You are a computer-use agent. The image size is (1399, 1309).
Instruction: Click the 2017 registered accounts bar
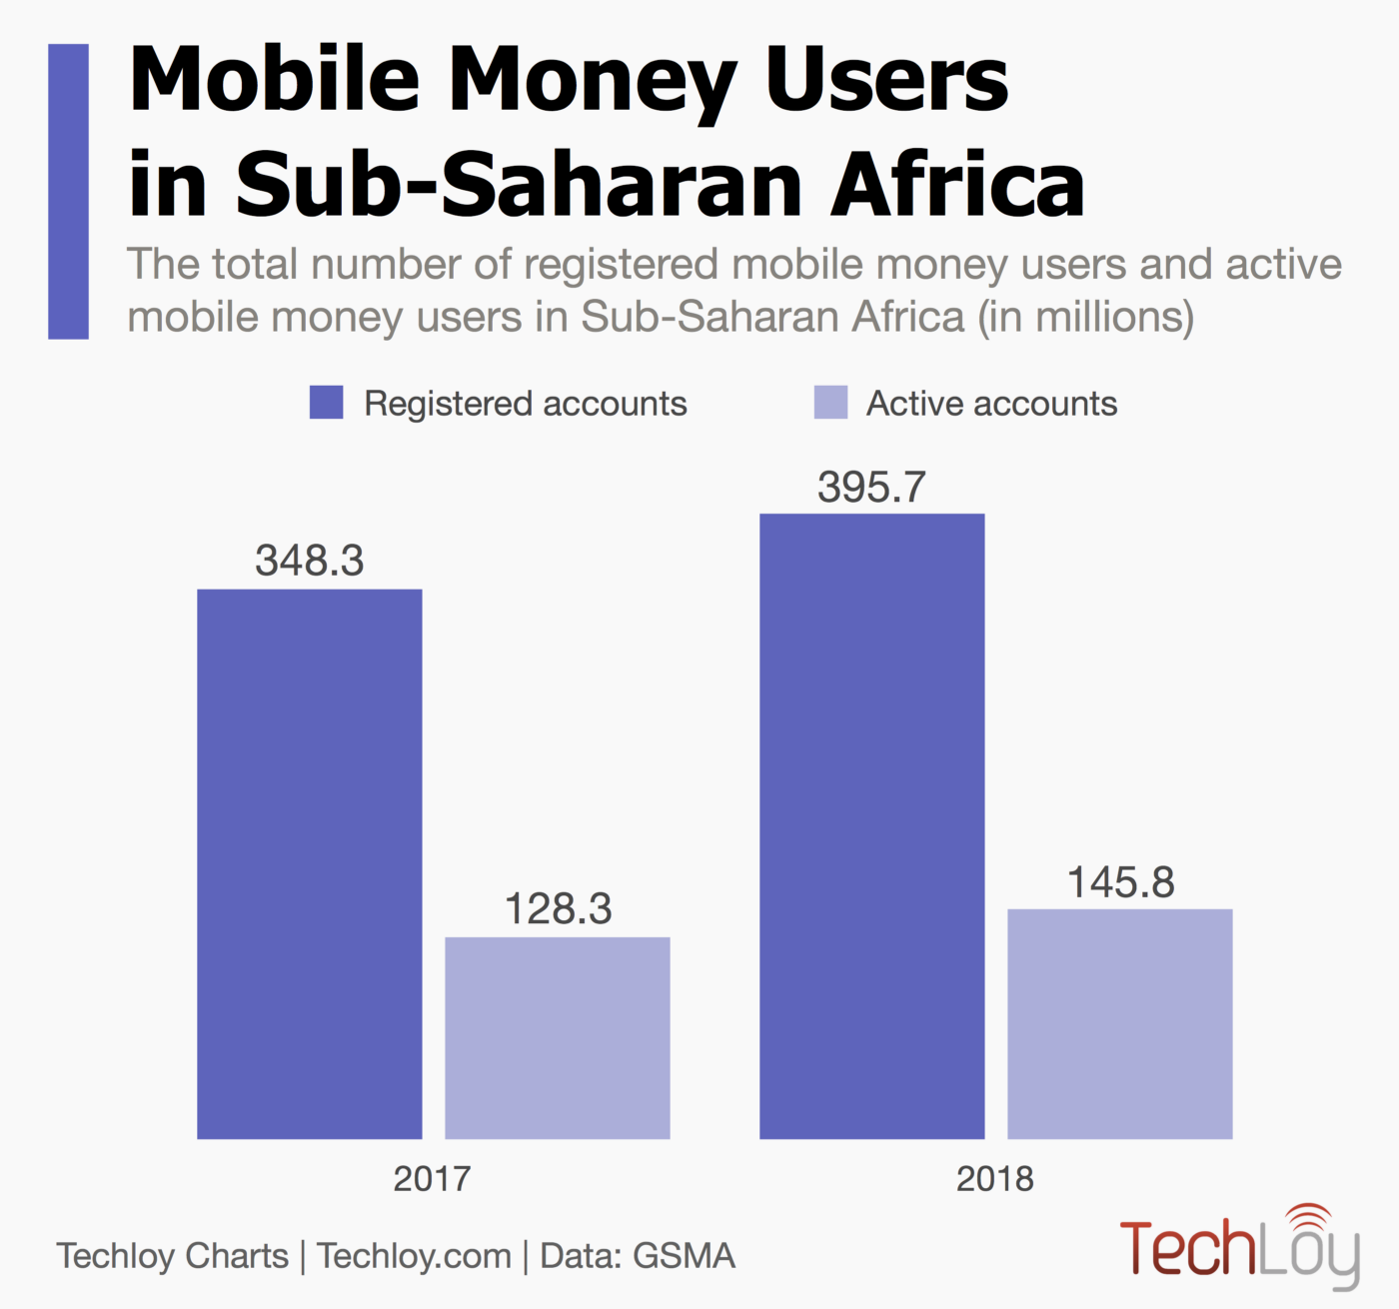[x=309, y=863]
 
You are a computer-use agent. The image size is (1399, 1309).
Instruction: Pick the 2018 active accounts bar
[x=1119, y=1023]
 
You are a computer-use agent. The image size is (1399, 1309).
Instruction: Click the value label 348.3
[x=309, y=561]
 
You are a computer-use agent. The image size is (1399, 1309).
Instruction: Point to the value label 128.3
[x=558, y=909]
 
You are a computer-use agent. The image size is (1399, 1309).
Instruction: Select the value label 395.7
[x=871, y=488]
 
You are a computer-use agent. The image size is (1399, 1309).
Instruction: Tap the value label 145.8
[x=1120, y=882]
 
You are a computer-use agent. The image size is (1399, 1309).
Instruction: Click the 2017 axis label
[x=432, y=1179]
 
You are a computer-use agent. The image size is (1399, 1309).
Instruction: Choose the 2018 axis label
[x=994, y=1179]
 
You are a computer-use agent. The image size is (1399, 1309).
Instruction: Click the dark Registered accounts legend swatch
[x=327, y=403]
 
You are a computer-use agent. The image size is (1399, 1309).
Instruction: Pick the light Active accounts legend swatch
[x=830, y=403]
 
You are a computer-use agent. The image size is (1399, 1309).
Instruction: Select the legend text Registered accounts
[x=526, y=404]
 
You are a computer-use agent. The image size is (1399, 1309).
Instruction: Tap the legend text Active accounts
[x=991, y=404]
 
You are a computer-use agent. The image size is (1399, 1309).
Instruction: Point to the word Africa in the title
[x=957, y=185]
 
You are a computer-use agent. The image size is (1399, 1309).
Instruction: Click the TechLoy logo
[x=1239, y=1246]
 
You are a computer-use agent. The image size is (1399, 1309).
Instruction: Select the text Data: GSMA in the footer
[x=638, y=1256]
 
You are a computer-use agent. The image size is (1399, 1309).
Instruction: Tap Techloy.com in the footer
[x=414, y=1256]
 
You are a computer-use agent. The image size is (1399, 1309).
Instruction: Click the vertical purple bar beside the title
[x=68, y=191]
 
